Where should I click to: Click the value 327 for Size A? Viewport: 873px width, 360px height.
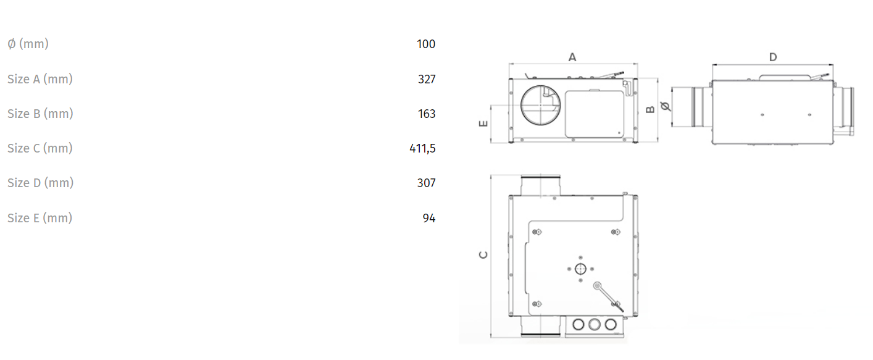tap(427, 79)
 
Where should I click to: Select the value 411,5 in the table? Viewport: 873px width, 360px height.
tap(422, 148)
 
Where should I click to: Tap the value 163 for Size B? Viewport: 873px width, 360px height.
tap(427, 114)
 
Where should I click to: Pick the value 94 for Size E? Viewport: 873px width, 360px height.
tap(428, 218)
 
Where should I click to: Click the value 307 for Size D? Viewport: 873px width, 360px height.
tap(426, 183)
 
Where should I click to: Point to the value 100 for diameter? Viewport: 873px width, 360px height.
tap(425, 44)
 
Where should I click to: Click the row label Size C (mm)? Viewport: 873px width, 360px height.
tap(40, 148)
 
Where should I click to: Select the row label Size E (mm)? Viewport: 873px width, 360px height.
tap(40, 218)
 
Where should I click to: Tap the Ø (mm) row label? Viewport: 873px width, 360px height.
tap(28, 44)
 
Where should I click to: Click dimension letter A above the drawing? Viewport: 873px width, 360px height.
tap(572, 57)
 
